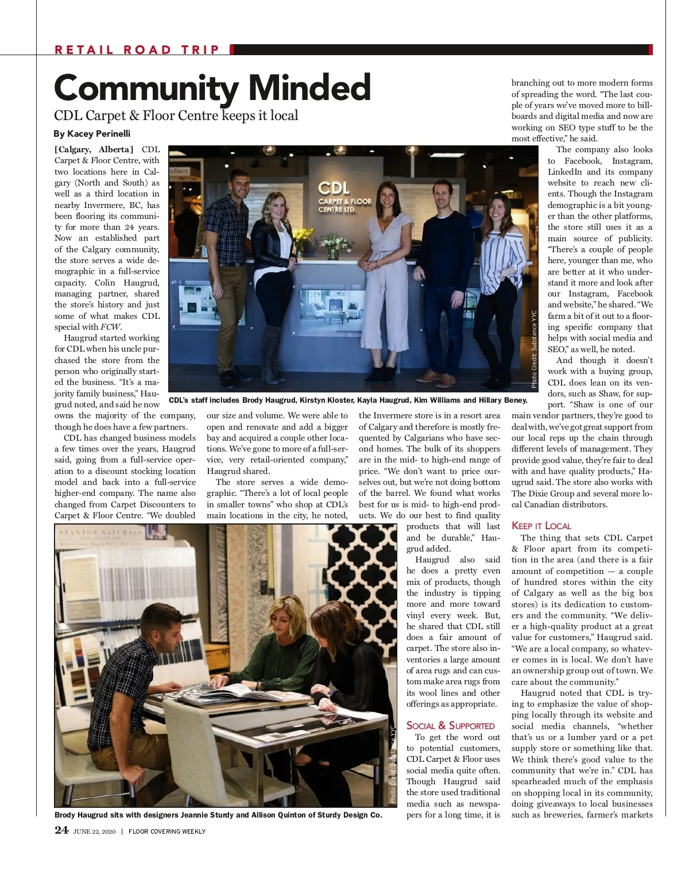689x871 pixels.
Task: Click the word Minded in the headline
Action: [x=309, y=88]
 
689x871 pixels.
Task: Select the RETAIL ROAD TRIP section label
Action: [x=137, y=49]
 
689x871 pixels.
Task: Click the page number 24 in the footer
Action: [x=61, y=830]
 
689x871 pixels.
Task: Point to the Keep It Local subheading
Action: [x=541, y=526]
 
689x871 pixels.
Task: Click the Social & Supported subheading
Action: [x=450, y=726]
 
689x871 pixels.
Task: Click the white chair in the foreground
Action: [x=195, y=747]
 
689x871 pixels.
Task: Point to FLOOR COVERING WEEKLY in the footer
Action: [x=167, y=831]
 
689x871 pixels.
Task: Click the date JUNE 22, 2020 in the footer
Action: [x=95, y=831]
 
